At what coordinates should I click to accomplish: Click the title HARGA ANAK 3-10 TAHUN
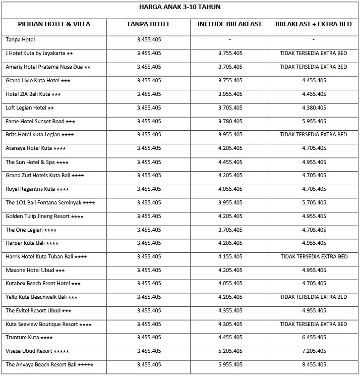179,7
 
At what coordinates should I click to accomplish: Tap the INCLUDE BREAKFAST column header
229,24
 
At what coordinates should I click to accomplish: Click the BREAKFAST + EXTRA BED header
313,24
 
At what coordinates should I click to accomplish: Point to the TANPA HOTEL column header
149,24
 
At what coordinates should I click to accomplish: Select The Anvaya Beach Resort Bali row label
49,364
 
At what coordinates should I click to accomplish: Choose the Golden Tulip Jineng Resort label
44,216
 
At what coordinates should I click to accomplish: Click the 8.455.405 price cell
314,364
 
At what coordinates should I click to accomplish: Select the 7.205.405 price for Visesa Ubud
314,351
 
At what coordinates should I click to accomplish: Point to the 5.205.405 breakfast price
230,351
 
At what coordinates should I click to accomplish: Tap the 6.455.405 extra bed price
314,337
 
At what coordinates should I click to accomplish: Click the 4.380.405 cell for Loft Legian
314,108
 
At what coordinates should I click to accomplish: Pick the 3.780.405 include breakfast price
230,121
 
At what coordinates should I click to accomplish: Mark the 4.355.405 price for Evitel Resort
230,310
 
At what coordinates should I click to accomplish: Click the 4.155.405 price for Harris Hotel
230,256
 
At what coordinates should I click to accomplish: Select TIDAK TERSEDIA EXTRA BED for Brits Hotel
314,135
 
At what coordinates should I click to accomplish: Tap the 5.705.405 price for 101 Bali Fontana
314,202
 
